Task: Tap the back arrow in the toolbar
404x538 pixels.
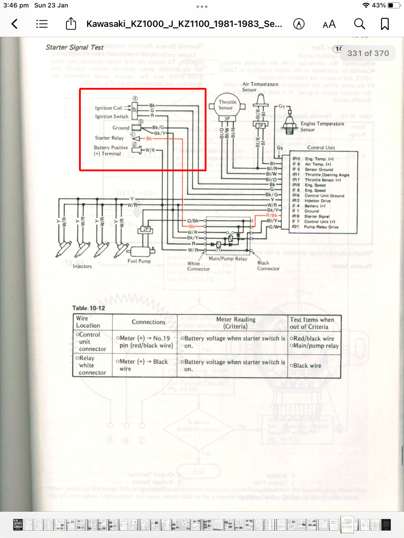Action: pyautogui.click(x=15, y=24)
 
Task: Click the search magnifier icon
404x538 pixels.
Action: pyautogui.click(x=359, y=24)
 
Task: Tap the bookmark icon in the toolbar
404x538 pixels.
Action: pyautogui.click(x=385, y=24)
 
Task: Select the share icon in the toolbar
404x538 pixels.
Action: pyautogui.click(x=71, y=24)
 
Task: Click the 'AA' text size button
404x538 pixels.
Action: pyautogui.click(x=329, y=24)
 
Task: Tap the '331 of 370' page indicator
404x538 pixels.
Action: pyautogui.click(x=368, y=53)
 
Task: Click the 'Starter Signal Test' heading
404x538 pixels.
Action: pyautogui.click(x=75, y=47)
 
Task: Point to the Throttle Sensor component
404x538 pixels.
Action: pyautogui.click(x=228, y=105)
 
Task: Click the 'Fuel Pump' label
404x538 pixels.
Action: pyautogui.click(x=139, y=260)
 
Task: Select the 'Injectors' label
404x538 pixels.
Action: pyautogui.click(x=82, y=266)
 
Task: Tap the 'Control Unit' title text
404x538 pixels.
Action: pyautogui.click(x=321, y=148)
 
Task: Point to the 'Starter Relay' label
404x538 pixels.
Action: pyautogui.click(x=109, y=138)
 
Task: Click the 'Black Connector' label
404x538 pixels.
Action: pyautogui.click(x=268, y=266)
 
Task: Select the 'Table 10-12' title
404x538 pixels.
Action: pyautogui.click(x=89, y=308)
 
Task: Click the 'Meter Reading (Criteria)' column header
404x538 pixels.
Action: pyautogui.click(x=236, y=322)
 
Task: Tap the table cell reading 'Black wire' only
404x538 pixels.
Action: pyautogui.click(x=306, y=365)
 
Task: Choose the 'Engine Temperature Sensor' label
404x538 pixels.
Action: pyautogui.click(x=322, y=126)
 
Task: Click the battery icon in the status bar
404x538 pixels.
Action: pyautogui.click(x=393, y=5)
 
